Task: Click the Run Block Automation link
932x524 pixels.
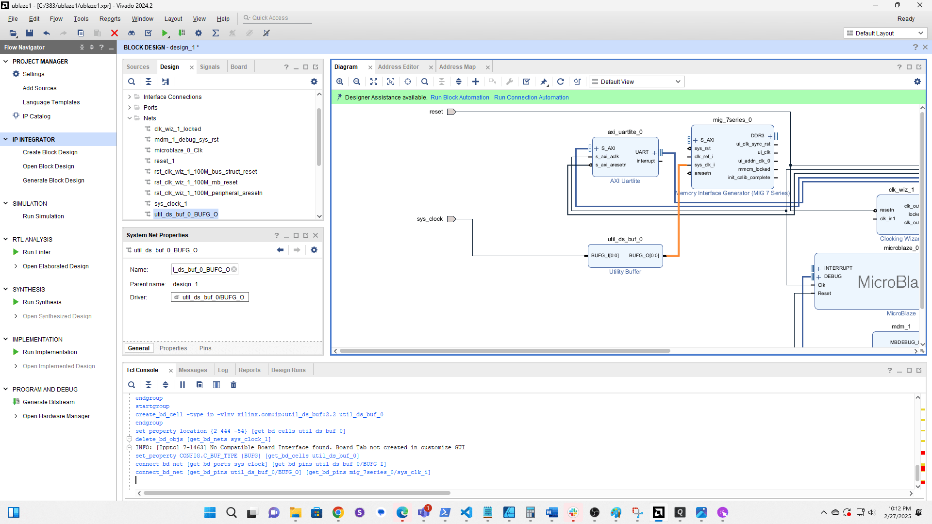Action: (x=459, y=98)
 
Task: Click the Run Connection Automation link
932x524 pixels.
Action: (x=531, y=98)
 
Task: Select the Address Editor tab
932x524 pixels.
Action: (x=398, y=67)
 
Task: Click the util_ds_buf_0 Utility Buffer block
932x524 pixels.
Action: (x=625, y=256)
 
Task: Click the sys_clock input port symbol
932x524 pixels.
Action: (x=451, y=219)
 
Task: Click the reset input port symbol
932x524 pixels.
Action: (x=451, y=112)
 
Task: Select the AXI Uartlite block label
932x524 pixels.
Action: (x=625, y=181)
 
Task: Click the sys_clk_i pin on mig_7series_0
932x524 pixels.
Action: (x=704, y=165)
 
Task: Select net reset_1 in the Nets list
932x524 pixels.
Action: (x=164, y=161)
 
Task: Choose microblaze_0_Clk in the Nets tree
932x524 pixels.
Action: (x=178, y=150)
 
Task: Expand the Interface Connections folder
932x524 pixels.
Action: (x=130, y=97)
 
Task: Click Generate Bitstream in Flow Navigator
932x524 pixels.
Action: (x=49, y=402)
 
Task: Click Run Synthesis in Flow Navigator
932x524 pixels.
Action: (x=42, y=302)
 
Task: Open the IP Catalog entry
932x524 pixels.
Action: (x=36, y=116)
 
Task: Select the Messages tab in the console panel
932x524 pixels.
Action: (x=193, y=370)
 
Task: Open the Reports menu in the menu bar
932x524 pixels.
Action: (x=110, y=19)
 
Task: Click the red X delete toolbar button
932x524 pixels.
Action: (x=115, y=33)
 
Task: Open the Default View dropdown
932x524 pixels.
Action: (x=636, y=82)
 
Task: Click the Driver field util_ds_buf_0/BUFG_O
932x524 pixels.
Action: (x=210, y=297)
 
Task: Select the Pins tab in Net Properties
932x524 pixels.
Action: (x=205, y=348)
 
